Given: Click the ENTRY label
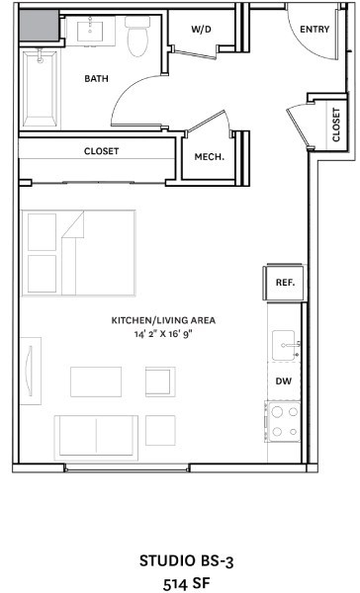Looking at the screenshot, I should [x=314, y=30].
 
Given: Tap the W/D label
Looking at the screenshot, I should [x=203, y=30].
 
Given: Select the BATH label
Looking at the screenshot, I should [x=96, y=78].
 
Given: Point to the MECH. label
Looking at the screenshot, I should [x=209, y=156].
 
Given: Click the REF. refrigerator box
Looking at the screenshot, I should [x=286, y=283].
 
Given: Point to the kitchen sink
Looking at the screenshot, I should [x=287, y=345].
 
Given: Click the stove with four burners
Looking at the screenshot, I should [x=284, y=420].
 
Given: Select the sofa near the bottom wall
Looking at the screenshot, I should [x=96, y=436].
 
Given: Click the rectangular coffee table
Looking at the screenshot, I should [x=96, y=381].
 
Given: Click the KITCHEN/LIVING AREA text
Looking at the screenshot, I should [x=163, y=320].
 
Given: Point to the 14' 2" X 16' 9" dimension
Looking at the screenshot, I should [x=163, y=335].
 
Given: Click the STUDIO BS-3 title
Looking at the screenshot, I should [x=179, y=560].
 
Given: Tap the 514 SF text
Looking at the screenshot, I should [x=179, y=583].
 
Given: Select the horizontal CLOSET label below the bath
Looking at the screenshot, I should [x=101, y=151].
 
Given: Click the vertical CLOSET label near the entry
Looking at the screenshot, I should [x=336, y=125].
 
